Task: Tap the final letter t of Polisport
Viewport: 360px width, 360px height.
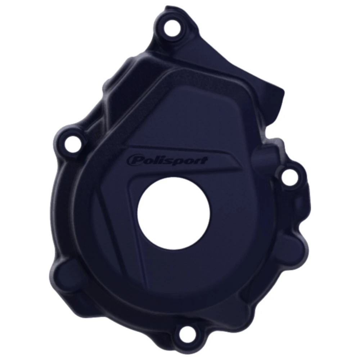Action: coord(204,160)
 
